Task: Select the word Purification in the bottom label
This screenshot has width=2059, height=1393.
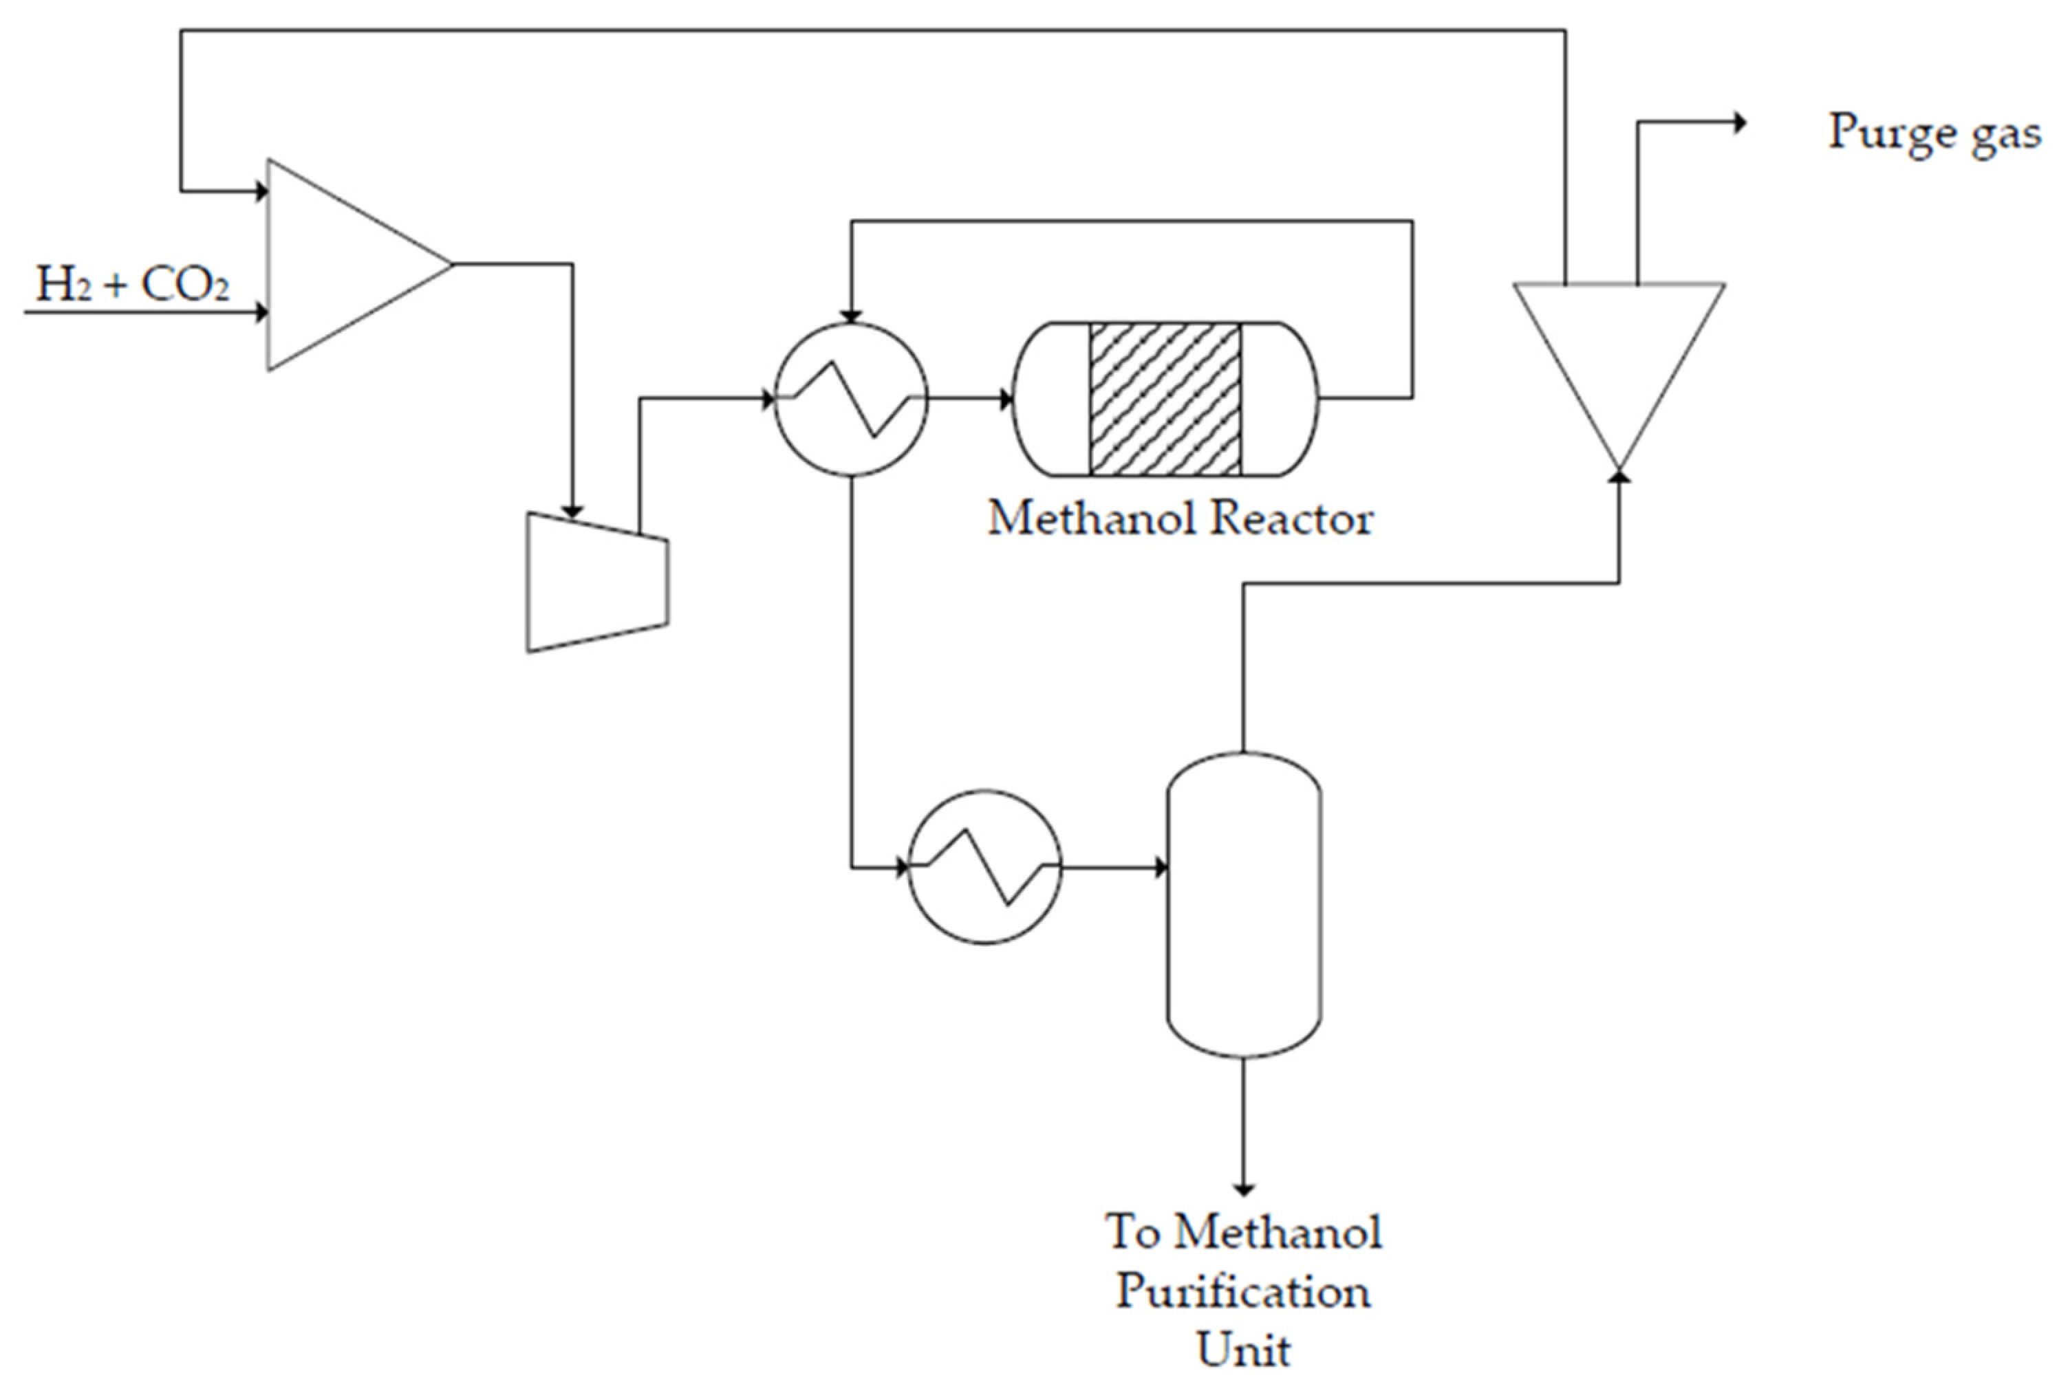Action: point(1243,1292)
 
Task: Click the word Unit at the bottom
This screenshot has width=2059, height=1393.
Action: point(1243,1350)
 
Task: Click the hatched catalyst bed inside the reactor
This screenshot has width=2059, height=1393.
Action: point(1164,399)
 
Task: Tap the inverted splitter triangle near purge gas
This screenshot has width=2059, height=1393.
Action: point(1619,354)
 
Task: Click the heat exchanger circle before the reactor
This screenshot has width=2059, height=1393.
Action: point(850,399)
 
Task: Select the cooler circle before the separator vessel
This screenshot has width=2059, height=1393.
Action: point(984,867)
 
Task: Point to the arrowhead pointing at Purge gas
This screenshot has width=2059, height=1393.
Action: point(1739,123)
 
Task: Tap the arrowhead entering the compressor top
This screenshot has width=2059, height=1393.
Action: point(572,511)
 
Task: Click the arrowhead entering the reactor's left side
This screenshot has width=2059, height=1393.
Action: point(1006,399)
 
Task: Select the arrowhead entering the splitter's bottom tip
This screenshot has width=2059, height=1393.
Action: point(1619,476)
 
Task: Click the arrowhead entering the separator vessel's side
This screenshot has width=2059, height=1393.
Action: point(1161,867)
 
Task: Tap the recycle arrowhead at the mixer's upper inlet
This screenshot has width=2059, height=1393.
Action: point(261,190)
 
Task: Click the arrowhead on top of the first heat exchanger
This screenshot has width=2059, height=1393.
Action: point(850,316)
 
